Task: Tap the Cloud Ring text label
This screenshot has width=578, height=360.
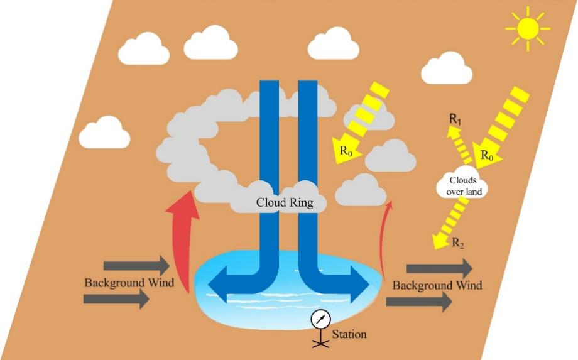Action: point(284,203)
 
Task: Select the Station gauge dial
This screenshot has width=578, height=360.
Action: point(320,319)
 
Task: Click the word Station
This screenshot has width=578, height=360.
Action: point(349,334)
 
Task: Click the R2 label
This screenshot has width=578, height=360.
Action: point(458,243)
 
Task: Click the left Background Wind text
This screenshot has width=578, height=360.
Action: point(129,282)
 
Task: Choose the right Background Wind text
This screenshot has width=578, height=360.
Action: point(437,285)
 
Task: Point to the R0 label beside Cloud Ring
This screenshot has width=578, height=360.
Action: point(346,150)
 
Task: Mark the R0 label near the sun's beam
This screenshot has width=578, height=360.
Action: point(487,155)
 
